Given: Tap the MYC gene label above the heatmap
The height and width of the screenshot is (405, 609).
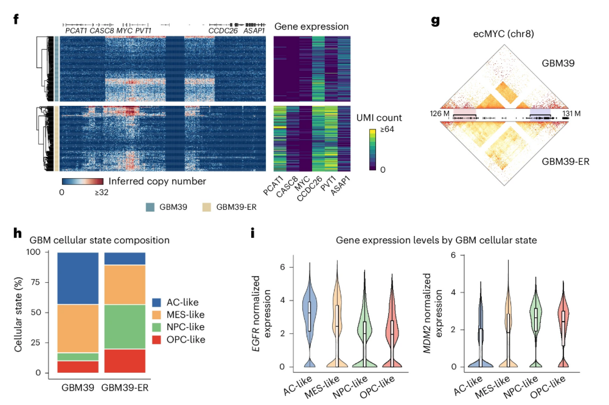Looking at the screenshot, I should (x=124, y=30).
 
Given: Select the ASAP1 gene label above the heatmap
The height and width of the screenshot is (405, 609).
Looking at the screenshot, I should (x=254, y=30).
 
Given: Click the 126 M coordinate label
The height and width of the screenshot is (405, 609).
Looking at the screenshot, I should (x=437, y=114).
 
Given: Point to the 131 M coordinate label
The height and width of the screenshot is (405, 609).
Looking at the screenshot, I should (x=581, y=114).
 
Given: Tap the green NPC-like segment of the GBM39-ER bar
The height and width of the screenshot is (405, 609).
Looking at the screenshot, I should (x=125, y=327).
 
